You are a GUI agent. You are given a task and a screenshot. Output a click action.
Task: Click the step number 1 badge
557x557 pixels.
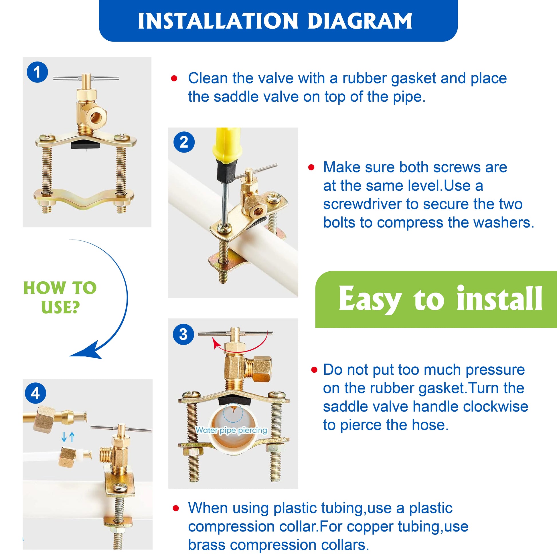pos(37,72)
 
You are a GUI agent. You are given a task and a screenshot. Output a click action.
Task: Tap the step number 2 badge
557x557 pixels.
pos(184,143)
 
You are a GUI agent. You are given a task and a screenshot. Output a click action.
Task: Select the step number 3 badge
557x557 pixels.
pos(183,334)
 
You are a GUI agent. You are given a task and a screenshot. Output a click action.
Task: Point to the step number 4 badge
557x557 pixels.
pos(35,393)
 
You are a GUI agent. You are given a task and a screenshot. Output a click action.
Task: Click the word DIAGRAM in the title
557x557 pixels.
pos(360,21)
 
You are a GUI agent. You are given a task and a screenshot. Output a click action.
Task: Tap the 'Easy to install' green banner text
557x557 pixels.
pos(441,299)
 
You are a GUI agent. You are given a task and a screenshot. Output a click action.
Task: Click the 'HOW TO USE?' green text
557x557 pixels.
pos(60,297)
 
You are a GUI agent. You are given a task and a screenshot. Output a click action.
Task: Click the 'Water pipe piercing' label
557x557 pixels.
pos(232,430)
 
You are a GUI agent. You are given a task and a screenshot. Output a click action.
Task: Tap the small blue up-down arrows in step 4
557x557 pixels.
pos(68,437)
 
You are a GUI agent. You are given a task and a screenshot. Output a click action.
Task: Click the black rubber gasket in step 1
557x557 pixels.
pos(85,143)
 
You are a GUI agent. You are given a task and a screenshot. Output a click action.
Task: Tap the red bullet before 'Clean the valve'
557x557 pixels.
pos(174,78)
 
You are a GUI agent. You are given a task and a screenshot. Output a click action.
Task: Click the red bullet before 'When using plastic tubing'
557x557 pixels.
pos(175,508)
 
